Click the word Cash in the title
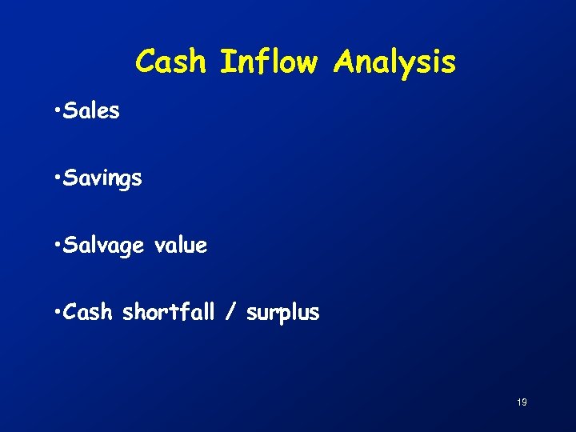pyautogui.click(x=172, y=62)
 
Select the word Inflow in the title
pyautogui.click(x=268, y=62)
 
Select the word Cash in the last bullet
pyautogui.click(x=87, y=312)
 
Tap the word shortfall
pyautogui.click(x=168, y=312)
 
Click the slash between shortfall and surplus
pyautogui.click(x=230, y=313)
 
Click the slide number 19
pyautogui.click(x=522, y=402)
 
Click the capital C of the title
pyautogui.click(x=146, y=62)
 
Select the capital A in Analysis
pyautogui.click(x=346, y=62)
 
